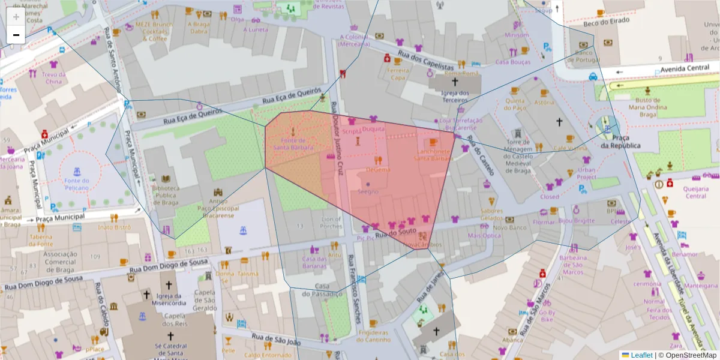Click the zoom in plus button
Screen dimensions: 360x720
click(x=16, y=17)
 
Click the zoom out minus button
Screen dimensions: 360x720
click(x=16, y=35)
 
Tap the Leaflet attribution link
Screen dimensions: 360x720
click(x=641, y=355)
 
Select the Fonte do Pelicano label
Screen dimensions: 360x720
click(x=77, y=184)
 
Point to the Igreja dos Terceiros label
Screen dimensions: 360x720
click(x=454, y=97)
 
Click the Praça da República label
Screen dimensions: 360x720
click(x=620, y=142)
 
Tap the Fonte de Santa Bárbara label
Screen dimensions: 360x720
click(x=293, y=144)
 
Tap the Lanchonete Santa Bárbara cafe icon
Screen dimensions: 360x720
click(x=433, y=142)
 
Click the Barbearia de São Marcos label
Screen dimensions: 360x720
click(x=571, y=265)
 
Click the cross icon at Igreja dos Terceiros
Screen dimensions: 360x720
click(x=454, y=81)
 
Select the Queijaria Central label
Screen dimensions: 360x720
click(x=695, y=192)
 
